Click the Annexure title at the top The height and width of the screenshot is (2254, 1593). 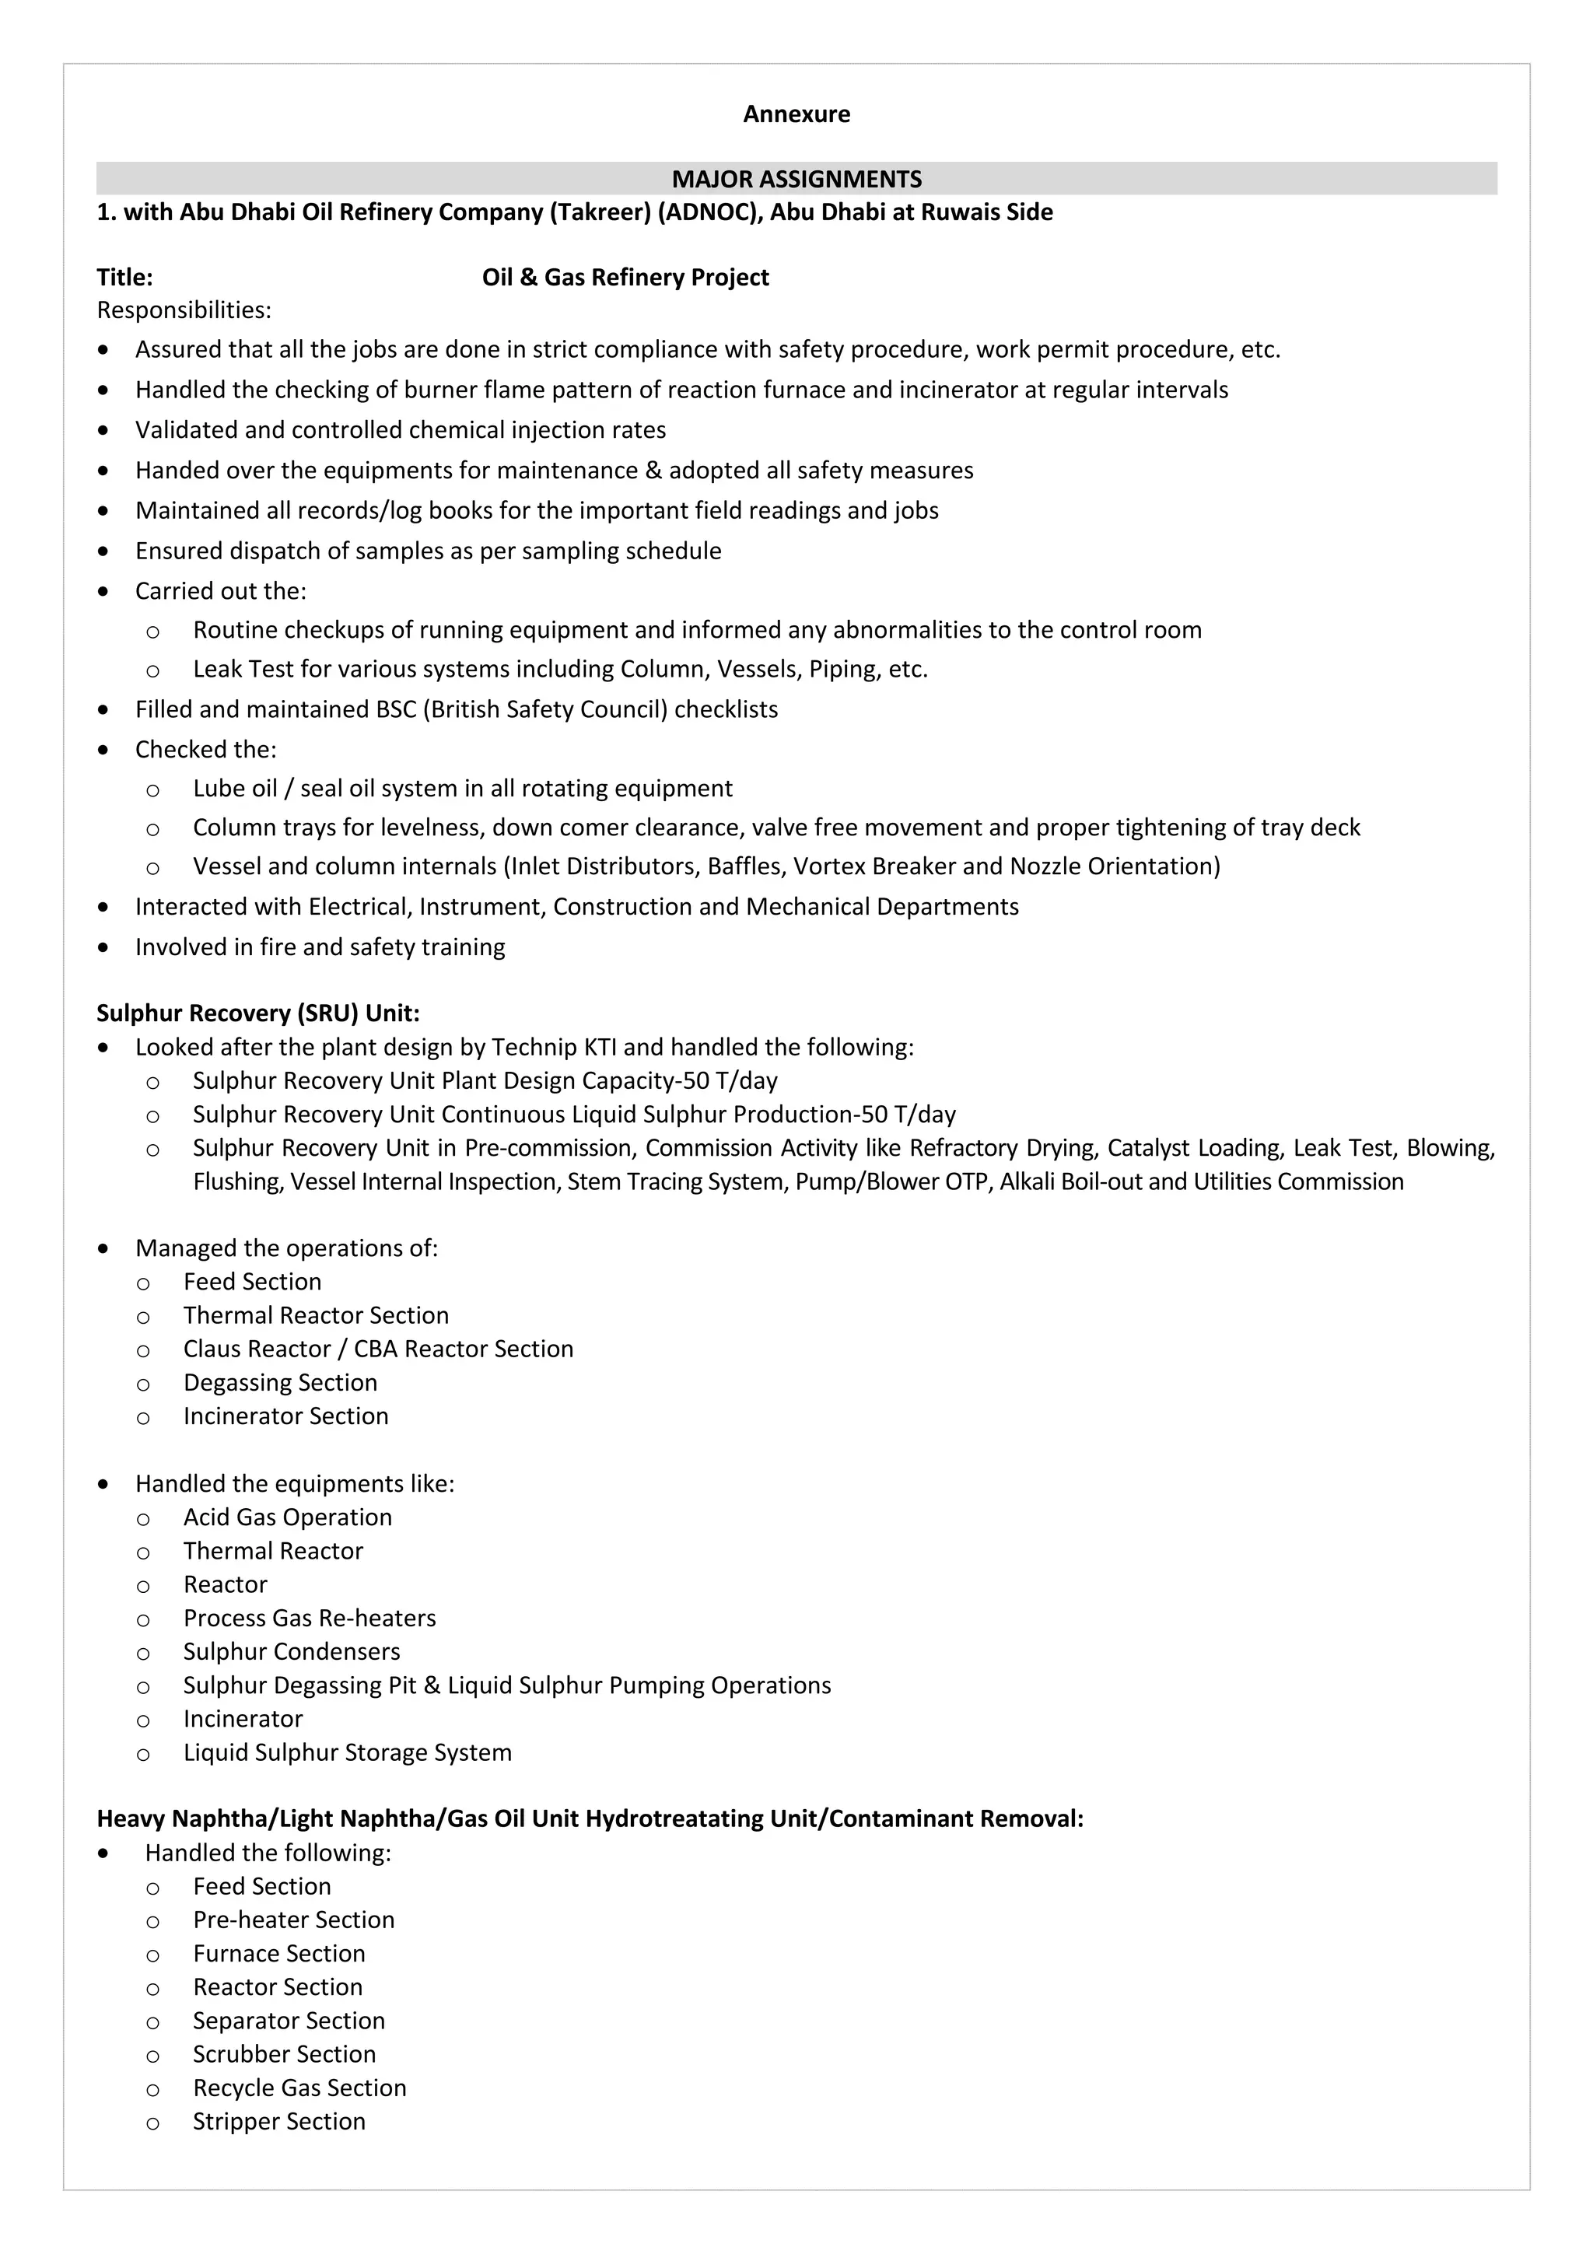(796, 114)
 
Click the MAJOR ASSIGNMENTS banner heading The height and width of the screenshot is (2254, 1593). (796, 179)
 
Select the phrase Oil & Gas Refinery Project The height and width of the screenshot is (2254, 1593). (625, 278)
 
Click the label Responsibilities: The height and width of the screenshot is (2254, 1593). (184, 310)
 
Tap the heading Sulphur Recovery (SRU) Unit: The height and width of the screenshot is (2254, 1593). (258, 1013)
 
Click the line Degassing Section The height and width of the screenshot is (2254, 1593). (280, 1383)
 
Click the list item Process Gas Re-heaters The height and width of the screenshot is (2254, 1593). (309, 1618)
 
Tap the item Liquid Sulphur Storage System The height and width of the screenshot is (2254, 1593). (348, 1752)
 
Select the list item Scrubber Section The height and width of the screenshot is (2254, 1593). (284, 2055)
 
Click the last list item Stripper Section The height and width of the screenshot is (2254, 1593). (278, 2122)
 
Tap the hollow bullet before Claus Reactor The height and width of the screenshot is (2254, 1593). (143, 1351)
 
